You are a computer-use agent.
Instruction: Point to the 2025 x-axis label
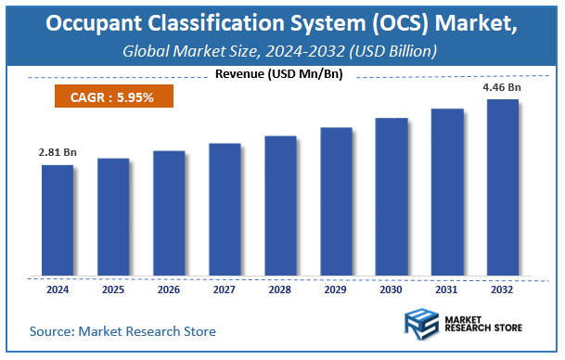click(x=112, y=289)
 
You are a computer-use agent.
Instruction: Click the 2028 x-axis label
click(x=280, y=289)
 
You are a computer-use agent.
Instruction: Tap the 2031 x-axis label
click(x=447, y=289)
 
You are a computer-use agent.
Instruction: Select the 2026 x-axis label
click(x=168, y=289)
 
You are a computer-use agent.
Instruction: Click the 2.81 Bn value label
click(x=57, y=150)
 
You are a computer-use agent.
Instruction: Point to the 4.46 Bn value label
click(x=503, y=87)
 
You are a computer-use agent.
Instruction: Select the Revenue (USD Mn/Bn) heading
click(x=276, y=74)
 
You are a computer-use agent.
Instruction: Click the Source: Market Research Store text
click(x=122, y=330)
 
